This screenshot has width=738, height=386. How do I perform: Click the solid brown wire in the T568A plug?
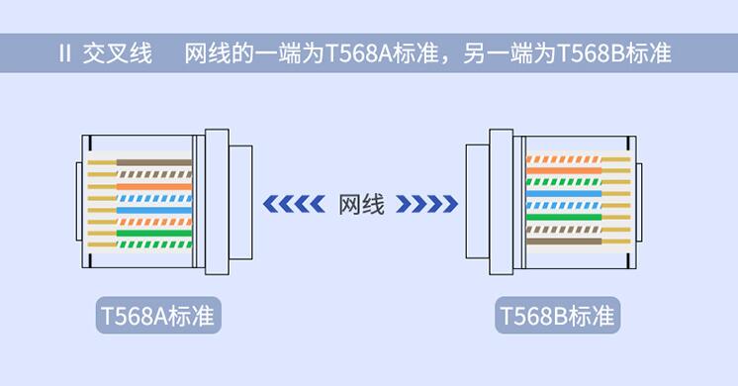[153, 161]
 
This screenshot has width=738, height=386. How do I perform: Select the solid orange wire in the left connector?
[153, 185]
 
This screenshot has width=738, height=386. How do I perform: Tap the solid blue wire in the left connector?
[153, 210]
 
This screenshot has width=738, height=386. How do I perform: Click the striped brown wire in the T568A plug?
[153, 173]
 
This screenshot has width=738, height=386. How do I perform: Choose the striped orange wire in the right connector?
[564, 158]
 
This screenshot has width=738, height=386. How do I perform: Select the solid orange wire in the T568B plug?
[564, 170]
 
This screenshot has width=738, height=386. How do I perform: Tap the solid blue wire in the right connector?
[564, 194]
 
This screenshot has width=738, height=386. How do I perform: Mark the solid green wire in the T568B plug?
[564, 217]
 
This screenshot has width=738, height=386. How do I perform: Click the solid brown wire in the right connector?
[564, 241]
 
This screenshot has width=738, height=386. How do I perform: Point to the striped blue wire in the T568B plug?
[564, 206]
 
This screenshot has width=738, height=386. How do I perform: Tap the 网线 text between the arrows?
[360, 204]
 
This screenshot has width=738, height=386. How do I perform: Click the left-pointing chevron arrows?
[294, 204]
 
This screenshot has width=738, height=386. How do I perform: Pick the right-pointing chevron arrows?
[426, 204]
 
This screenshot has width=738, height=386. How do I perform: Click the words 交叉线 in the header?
[118, 53]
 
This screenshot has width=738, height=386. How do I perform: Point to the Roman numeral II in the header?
[65, 53]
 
